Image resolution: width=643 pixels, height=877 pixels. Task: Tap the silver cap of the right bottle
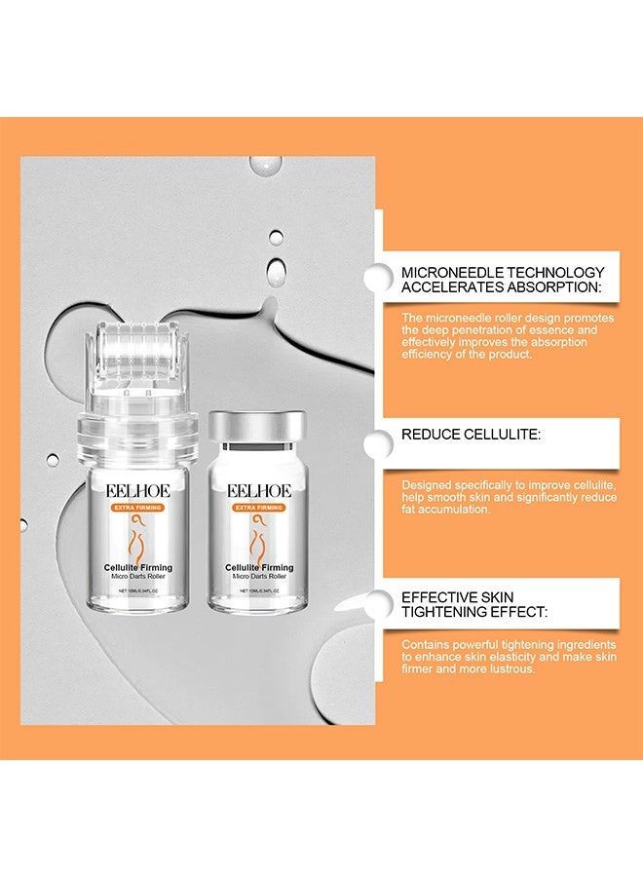pyautogui.click(x=257, y=426)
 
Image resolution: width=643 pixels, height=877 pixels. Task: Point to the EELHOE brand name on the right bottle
pyautogui.click(x=257, y=490)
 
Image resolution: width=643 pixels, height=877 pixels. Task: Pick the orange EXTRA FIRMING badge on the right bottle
pyautogui.click(x=257, y=508)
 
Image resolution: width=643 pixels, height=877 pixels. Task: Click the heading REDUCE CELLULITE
pyautogui.click(x=470, y=435)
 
